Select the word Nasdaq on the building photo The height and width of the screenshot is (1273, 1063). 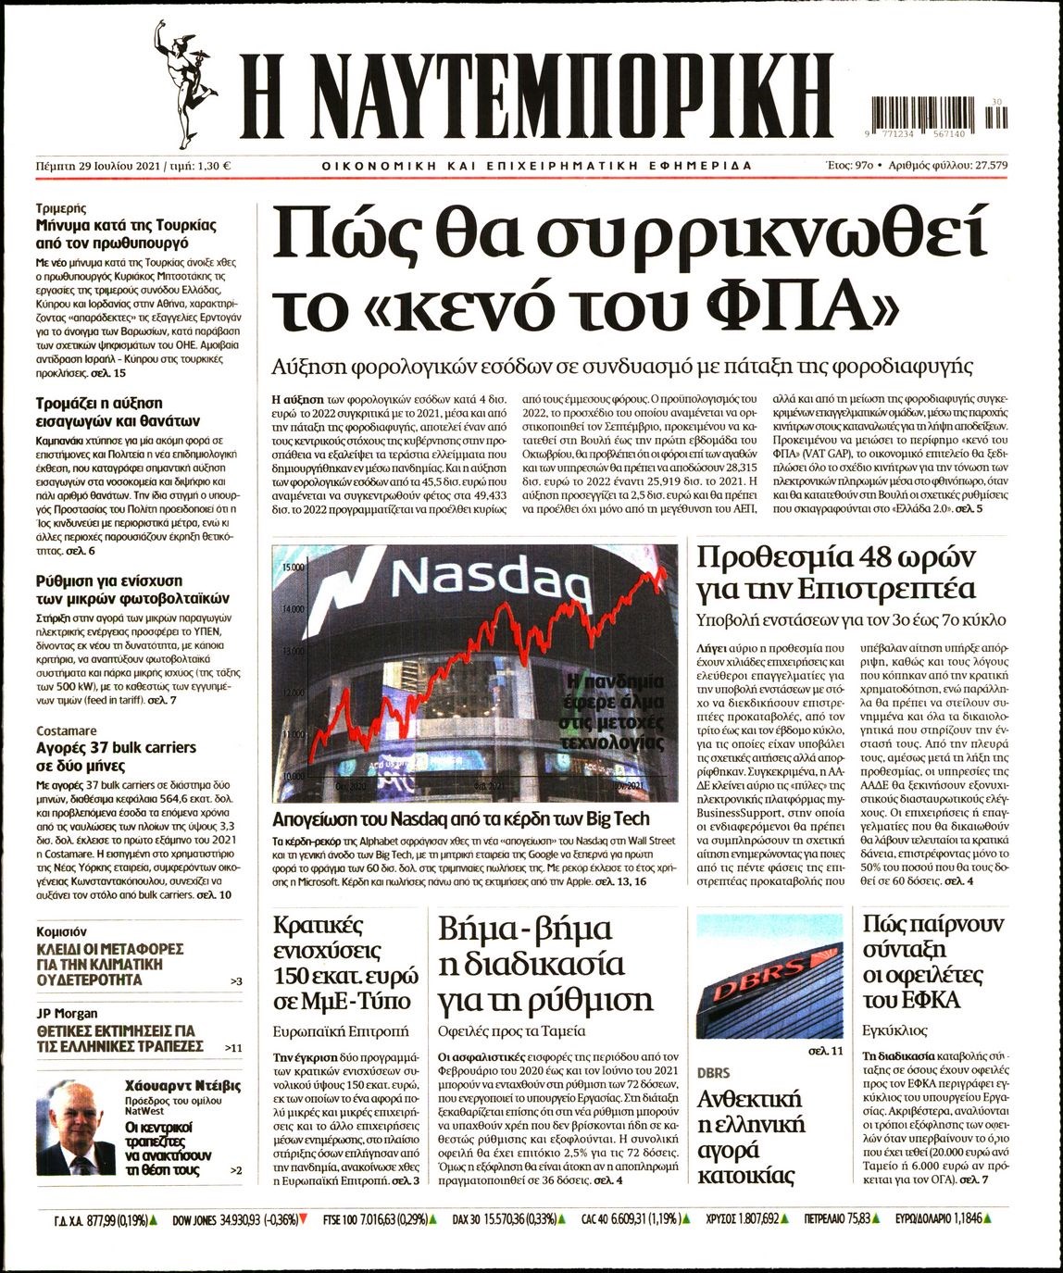pos(492,580)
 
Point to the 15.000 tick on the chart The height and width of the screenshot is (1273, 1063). pos(294,566)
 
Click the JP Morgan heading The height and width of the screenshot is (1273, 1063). pos(67,1013)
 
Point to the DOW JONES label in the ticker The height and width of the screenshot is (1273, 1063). pos(206,1246)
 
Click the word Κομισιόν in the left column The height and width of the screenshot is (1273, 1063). pos(61,931)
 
